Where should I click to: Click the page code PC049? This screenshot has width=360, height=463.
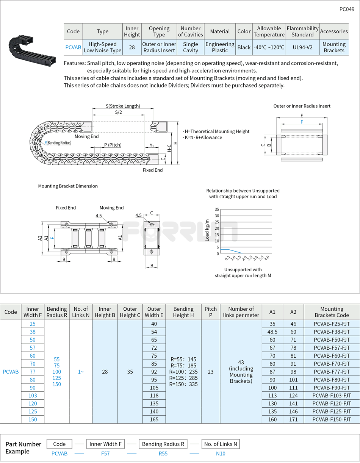pos(346,9)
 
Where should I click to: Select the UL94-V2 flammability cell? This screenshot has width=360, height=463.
pos(302,47)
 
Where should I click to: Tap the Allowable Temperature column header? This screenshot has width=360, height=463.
pos(269,31)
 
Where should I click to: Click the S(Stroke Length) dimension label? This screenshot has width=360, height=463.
pos(122,106)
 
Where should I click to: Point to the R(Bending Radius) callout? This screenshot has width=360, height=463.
pos(58,143)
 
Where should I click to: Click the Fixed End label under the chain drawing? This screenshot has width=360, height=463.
pos(152,170)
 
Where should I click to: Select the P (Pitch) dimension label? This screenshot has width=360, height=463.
pos(112,145)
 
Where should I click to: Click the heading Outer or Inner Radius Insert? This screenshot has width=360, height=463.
pos(302,106)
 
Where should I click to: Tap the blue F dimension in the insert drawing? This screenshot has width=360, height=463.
pos(302,122)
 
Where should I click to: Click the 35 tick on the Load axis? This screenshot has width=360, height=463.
pos(217,209)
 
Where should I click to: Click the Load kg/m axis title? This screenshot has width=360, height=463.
pos(207,230)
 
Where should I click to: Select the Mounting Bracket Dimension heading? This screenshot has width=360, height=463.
pos(68,186)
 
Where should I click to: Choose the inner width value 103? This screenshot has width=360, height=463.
pos(33,396)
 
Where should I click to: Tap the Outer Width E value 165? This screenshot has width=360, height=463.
pos(154,419)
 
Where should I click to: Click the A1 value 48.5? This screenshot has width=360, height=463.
pos(272,332)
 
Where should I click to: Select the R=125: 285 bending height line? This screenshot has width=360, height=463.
pos(183,378)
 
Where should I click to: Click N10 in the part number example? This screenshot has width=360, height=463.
pos(220,453)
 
